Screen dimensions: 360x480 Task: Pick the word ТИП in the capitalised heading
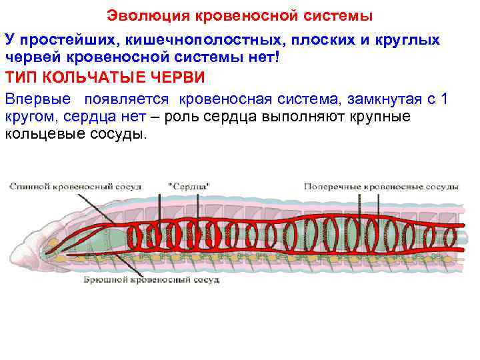(21, 77)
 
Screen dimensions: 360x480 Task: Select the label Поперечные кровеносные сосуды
(381, 187)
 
